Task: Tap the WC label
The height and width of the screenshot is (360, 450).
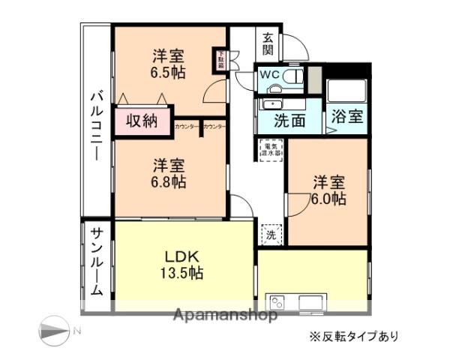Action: click(x=269, y=76)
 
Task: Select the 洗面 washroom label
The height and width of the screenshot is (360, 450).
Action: click(x=289, y=119)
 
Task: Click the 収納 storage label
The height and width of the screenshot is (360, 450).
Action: click(x=141, y=120)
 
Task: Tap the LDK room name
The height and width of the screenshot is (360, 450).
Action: click(x=181, y=256)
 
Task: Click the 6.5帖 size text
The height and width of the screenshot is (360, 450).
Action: click(x=169, y=73)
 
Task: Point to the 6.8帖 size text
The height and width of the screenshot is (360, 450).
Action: click(x=170, y=181)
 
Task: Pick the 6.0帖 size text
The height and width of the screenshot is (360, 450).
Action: click(x=328, y=199)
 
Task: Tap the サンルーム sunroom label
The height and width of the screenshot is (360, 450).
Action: click(x=97, y=262)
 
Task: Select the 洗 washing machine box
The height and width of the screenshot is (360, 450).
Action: click(x=271, y=234)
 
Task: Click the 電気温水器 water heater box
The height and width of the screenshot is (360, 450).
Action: click(x=270, y=149)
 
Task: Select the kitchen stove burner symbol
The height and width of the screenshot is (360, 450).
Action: click(x=277, y=303)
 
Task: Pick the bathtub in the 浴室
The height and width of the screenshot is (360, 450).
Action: click(x=346, y=91)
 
